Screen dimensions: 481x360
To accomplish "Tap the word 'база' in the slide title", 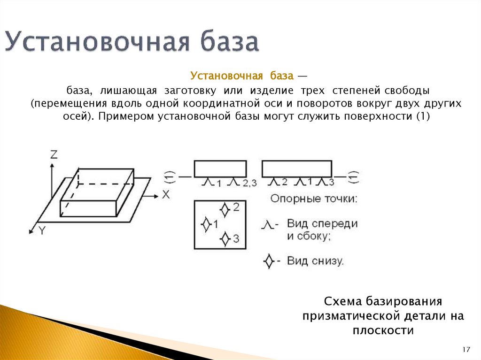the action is click(x=231, y=42).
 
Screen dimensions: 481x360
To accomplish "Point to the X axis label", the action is click(x=165, y=194).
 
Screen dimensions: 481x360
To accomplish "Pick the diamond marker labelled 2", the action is click(x=225, y=208).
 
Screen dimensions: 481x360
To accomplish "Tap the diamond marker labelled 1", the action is click(x=205, y=224).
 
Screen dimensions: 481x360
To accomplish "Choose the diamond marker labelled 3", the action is click(x=225, y=239).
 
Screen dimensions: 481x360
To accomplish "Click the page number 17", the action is click(x=466, y=350).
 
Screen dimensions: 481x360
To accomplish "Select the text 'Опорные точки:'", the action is click(x=314, y=199).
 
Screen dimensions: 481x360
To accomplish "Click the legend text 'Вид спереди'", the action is click(x=322, y=223).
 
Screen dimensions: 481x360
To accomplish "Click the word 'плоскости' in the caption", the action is click(x=383, y=330).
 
